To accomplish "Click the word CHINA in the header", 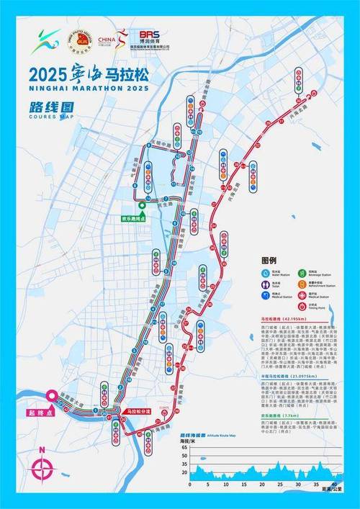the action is pos(106,40).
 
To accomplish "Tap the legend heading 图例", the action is pos(270,259).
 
